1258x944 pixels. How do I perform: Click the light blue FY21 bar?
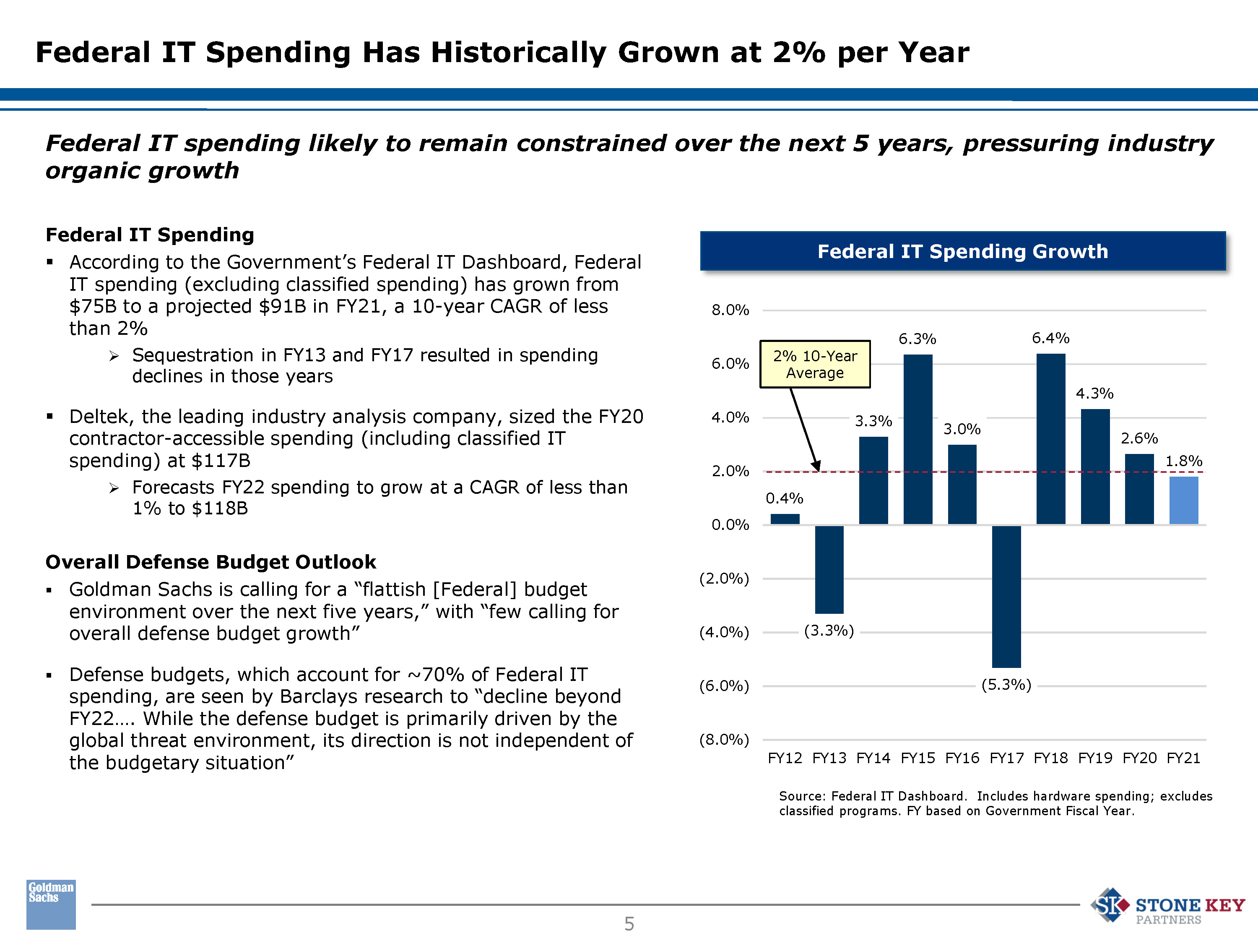coord(1183,500)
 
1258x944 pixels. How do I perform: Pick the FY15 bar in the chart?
coord(918,439)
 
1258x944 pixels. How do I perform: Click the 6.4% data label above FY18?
coord(1050,339)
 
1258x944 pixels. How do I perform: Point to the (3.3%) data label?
coord(829,631)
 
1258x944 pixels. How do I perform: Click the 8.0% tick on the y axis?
coord(730,310)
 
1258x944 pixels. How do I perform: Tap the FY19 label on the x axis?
coord(1095,758)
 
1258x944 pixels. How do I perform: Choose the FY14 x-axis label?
coord(873,758)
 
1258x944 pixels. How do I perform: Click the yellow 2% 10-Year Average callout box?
coord(815,364)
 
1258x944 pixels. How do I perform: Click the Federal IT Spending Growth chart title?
coord(962,251)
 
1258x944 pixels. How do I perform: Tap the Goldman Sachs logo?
coord(51,904)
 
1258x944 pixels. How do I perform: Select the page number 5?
coord(629,923)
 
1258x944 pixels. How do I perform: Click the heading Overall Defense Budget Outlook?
coord(211,562)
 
